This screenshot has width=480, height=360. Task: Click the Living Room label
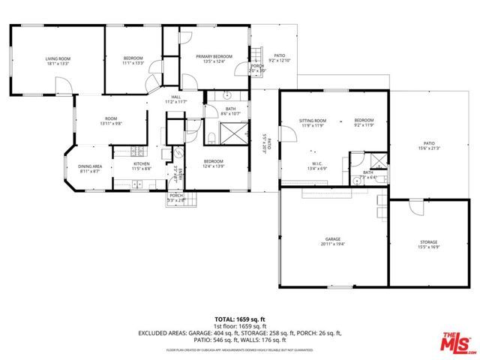57,58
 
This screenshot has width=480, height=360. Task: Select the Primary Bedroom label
214,57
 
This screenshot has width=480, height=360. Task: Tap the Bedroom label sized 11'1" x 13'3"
133,58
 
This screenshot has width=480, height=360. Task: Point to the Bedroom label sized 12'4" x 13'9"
214,161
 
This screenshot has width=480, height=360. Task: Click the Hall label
175,97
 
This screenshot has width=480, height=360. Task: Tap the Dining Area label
91,166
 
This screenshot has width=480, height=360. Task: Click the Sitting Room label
313,121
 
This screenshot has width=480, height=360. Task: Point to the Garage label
333,239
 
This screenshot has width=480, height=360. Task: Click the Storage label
428,242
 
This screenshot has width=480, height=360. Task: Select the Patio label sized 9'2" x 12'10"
279,55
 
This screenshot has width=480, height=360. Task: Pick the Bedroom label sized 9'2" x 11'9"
364,121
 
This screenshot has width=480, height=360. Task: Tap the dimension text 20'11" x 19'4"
333,244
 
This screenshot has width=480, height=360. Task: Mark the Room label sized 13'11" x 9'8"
111,118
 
